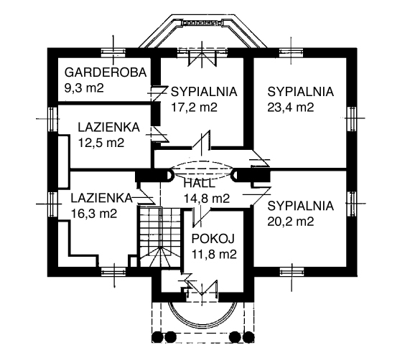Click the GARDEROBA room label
coord(106,72)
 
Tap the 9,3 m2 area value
coord(84,87)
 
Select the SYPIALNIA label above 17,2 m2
coord(204,92)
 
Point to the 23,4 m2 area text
coord(291,108)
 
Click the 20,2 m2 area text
coord(291,222)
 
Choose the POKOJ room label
coord(213,239)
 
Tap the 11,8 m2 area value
coord(214,255)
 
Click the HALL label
coord(199,184)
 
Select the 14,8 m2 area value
coord(207,199)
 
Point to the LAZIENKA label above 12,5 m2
coord(109,128)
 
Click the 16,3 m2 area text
coord(94,213)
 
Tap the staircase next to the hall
coord(160,237)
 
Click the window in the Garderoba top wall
coord(113,52)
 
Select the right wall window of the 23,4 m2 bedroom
coord(352,118)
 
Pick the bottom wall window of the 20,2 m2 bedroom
coord(292,272)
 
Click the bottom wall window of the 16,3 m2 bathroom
coord(113,272)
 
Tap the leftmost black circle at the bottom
coord(157,337)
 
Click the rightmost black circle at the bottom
coord(249,337)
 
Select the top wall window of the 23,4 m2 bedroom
coord(291,52)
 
